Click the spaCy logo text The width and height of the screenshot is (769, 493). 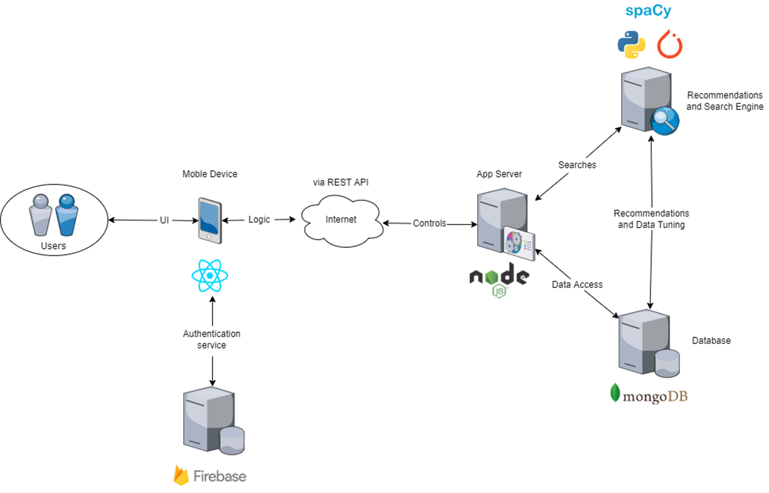point(648,11)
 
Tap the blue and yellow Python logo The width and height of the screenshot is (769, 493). point(631,45)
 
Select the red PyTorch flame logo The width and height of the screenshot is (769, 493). point(670,45)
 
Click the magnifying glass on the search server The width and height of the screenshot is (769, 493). point(664,120)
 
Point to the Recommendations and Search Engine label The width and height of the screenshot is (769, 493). point(724,101)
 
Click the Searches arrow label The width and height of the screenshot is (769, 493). point(577,165)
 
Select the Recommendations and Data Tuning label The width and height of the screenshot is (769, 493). point(651,219)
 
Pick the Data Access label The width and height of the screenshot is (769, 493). point(577,284)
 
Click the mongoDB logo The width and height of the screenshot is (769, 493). point(648,395)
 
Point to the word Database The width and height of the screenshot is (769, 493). point(711,341)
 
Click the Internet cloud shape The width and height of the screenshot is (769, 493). point(341,220)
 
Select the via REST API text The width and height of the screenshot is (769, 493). point(341,182)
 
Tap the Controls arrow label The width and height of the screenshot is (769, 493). point(429,223)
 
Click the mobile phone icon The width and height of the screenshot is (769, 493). point(210,221)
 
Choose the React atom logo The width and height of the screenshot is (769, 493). point(210,276)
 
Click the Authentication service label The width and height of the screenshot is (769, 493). point(211,339)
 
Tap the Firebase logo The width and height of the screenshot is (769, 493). point(210,476)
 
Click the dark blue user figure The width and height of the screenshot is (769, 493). point(67,215)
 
